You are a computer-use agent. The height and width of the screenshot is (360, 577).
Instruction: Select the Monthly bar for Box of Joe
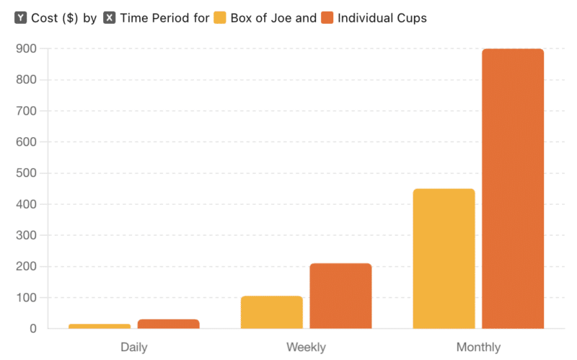(x=444, y=258)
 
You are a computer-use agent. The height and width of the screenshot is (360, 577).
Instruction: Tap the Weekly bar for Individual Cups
(x=340, y=296)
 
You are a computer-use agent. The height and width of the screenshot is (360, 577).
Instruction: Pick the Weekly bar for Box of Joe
(x=271, y=312)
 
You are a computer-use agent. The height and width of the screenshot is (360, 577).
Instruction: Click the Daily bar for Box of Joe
(x=100, y=326)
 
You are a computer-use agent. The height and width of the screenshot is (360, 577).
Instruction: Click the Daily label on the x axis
(x=134, y=347)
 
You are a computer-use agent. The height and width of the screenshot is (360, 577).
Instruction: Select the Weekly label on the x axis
(x=306, y=347)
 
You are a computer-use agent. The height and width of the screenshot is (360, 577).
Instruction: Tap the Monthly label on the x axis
(x=478, y=347)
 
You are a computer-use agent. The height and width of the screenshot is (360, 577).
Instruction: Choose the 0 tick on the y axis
(x=32, y=329)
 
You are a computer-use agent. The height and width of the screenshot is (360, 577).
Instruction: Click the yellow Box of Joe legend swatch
(x=219, y=17)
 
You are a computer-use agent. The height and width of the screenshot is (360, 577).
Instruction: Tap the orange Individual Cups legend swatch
(x=327, y=17)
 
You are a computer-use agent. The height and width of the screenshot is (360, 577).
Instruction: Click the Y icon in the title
(x=21, y=17)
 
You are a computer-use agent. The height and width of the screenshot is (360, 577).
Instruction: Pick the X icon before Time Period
(x=110, y=17)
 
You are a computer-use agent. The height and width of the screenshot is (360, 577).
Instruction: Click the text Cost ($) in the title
(x=55, y=17)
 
